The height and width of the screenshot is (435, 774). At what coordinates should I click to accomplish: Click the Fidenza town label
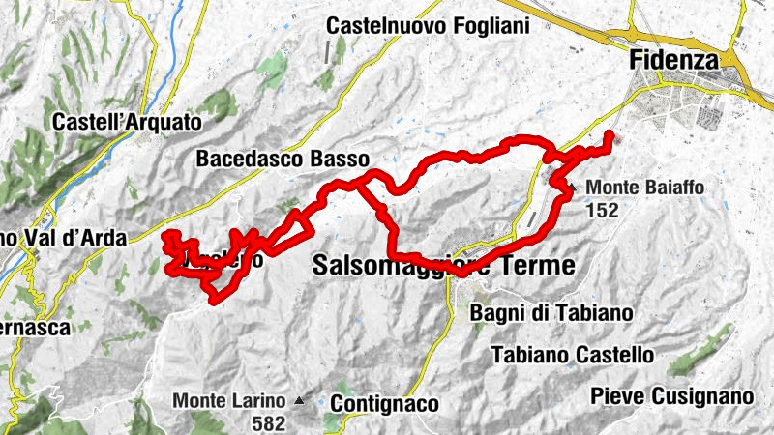click(x=674, y=60)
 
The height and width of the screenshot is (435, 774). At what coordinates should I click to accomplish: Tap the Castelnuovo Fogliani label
click(x=428, y=26)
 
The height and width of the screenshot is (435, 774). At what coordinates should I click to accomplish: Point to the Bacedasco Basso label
click(x=283, y=158)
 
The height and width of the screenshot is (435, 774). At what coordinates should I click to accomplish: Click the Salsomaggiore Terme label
click(x=444, y=265)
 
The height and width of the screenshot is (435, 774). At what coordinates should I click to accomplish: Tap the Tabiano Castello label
click(x=573, y=355)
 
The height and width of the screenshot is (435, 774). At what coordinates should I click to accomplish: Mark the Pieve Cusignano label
click(x=671, y=396)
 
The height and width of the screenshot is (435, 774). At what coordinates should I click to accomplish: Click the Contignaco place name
click(x=384, y=403)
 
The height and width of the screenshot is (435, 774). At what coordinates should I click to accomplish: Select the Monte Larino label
click(x=229, y=400)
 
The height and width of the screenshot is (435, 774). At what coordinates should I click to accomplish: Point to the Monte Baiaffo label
click(x=644, y=188)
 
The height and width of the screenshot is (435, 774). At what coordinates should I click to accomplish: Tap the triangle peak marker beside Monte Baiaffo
click(x=573, y=188)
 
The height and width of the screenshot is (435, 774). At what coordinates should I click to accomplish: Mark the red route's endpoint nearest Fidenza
click(x=609, y=133)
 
